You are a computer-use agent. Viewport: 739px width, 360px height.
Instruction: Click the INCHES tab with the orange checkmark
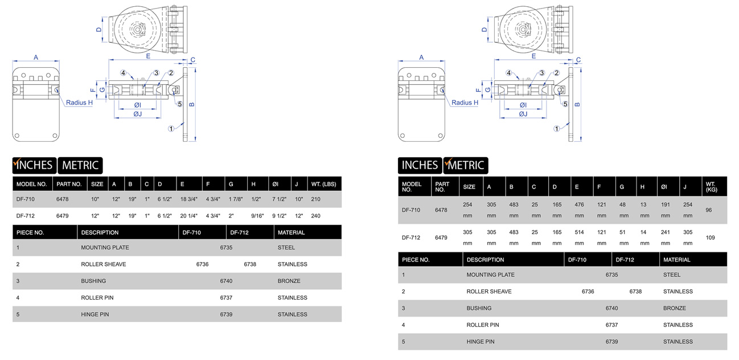(35, 165)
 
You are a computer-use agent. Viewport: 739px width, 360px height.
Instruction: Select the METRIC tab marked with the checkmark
(465, 165)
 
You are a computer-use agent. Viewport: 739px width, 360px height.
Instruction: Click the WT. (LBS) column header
(323, 184)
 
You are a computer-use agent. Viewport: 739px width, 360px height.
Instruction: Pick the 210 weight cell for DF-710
(316, 199)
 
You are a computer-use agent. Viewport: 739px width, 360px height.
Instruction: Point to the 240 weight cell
(316, 216)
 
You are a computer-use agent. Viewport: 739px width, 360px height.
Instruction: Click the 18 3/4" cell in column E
(188, 199)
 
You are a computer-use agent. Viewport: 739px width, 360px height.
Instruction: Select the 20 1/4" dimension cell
(188, 216)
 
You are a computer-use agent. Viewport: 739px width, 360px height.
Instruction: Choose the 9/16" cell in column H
(257, 216)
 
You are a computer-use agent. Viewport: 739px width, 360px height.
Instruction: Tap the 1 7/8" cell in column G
(236, 199)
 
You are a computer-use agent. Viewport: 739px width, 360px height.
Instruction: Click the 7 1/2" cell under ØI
(279, 199)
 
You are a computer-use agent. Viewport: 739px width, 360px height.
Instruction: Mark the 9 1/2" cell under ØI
(279, 216)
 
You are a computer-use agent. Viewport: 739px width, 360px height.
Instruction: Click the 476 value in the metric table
(579, 204)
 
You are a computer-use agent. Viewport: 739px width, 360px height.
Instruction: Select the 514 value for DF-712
(579, 232)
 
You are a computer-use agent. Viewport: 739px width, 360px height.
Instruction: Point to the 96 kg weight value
(709, 210)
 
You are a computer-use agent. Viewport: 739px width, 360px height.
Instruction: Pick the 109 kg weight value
(711, 238)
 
